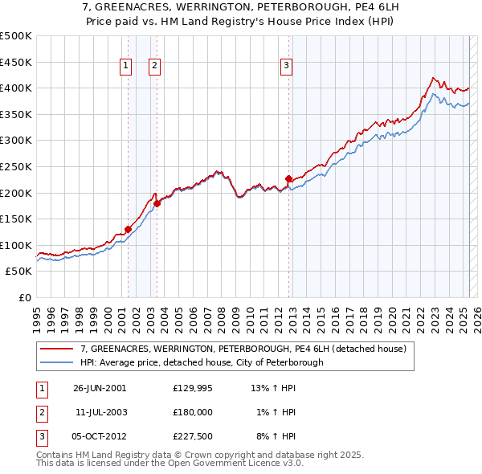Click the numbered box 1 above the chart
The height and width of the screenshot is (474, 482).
pos(127,67)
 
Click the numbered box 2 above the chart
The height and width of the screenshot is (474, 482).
pos(154,67)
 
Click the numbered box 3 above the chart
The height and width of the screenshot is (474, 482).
pos(286,67)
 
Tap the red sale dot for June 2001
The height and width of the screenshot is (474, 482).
pos(128,229)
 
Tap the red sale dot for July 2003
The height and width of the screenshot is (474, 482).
pos(157,203)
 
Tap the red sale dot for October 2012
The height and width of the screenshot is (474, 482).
pos(288,178)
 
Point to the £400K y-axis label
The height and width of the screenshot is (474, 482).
pos(16,88)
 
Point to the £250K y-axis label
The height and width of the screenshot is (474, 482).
pos(16,166)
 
